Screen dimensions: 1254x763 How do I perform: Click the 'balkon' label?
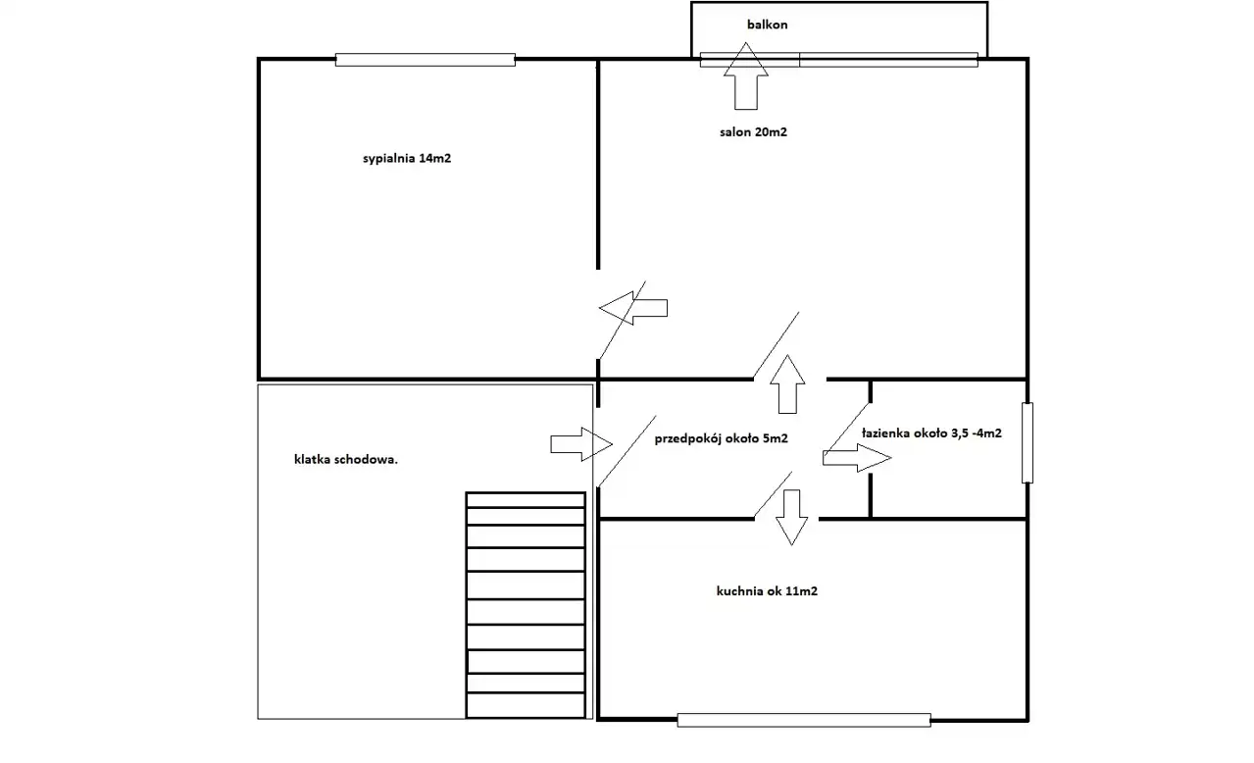pyautogui.click(x=767, y=25)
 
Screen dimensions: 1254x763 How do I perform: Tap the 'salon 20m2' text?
pyautogui.click(x=753, y=132)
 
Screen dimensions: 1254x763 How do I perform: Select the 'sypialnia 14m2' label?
pyautogui.click(x=407, y=159)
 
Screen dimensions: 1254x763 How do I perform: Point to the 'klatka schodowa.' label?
pyautogui.click(x=345, y=460)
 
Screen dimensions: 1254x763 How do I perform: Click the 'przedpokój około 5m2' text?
pyautogui.click(x=721, y=438)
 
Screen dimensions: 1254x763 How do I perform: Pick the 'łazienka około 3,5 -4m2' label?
pyautogui.click(x=931, y=433)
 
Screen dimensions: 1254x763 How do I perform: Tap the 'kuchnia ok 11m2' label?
pyautogui.click(x=767, y=591)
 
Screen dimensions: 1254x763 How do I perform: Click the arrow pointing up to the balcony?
pyautogui.click(x=746, y=76)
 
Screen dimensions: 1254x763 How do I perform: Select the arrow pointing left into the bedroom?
pyautogui.click(x=633, y=308)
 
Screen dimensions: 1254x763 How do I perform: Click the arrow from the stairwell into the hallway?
pyautogui.click(x=581, y=444)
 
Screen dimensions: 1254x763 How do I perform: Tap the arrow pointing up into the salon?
pyautogui.click(x=787, y=384)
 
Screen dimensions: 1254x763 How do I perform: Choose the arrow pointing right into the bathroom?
pyautogui.click(x=857, y=458)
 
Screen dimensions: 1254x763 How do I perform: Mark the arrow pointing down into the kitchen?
pyautogui.click(x=791, y=518)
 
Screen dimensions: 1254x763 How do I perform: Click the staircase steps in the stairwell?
pyautogui.click(x=526, y=605)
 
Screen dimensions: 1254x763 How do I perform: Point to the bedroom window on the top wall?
pyautogui.click(x=426, y=60)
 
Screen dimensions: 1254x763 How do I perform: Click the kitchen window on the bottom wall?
pyautogui.click(x=804, y=721)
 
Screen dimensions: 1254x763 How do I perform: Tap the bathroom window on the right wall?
pyautogui.click(x=1028, y=443)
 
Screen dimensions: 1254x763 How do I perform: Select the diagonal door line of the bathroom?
pyautogui.click(x=848, y=427)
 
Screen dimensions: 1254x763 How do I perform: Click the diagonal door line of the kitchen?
pyautogui.click(x=774, y=494)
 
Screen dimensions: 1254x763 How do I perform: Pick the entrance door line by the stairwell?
pyautogui.click(x=627, y=451)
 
